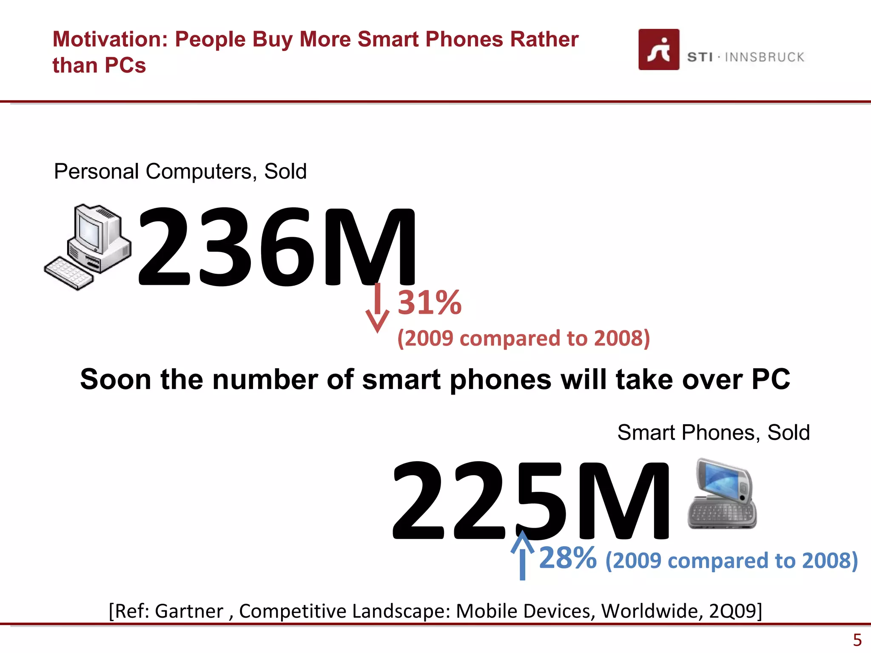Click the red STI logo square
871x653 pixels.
click(x=658, y=49)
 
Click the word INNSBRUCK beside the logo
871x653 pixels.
click(x=764, y=57)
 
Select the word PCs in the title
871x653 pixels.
click(x=125, y=66)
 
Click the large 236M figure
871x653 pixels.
click(x=276, y=247)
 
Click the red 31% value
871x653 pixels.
click(x=429, y=303)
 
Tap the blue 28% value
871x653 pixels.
click(x=567, y=558)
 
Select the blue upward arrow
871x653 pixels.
click(x=522, y=555)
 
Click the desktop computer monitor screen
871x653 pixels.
click(x=89, y=232)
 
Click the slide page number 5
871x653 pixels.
click(x=857, y=640)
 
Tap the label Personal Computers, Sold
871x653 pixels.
click(x=180, y=172)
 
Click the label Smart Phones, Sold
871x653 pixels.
click(x=713, y=433)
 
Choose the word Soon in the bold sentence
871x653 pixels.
click(x=115, y=379)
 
